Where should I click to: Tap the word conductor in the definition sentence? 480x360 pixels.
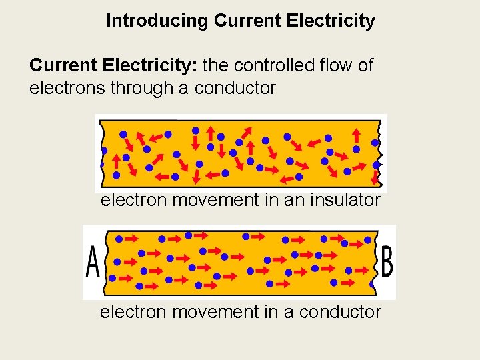(235, 88)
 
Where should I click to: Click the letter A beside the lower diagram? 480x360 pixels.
(93, 263)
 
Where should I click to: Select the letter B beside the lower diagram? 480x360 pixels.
(386, 263)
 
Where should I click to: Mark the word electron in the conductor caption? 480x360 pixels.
(133, 312)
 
